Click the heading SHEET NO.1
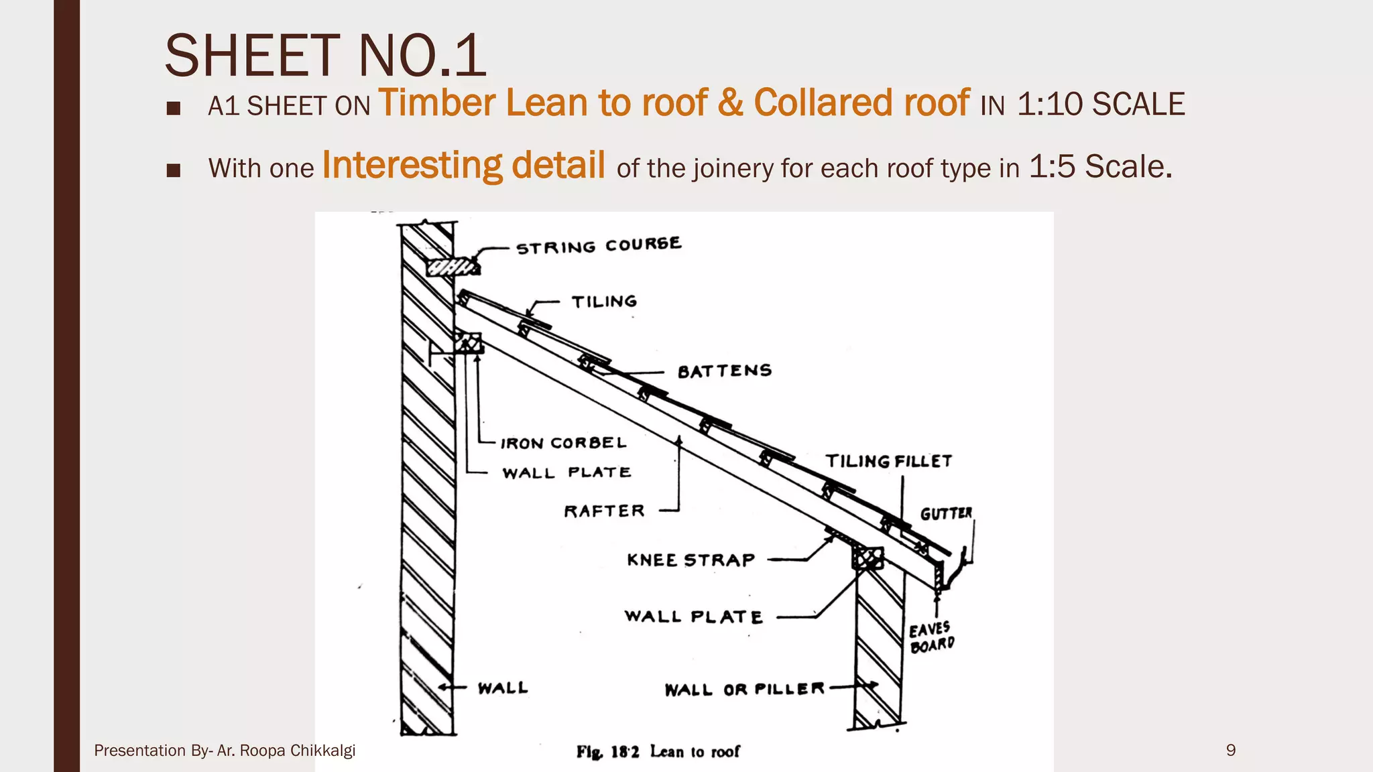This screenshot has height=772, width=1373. click(x=325, y=56)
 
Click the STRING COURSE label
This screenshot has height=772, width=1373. click(x=599, y=245)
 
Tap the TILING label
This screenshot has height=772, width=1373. click(x=604, y=302)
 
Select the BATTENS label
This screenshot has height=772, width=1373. click(x=725, y=371)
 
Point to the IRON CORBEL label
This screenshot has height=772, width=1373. click(x=563, y=443)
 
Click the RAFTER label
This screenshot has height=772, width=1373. click(x=604, y=511)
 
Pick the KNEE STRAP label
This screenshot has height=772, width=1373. click(x=691, y=560)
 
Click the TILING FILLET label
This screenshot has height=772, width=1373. click(x=888, y=461)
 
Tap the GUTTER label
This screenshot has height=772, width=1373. click(x=946, y=513)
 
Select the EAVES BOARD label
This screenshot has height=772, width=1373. click(x=931, y=637)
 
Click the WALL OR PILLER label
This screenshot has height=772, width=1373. click(x=744, y=689)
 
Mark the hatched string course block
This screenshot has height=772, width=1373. click(x=453, y=267)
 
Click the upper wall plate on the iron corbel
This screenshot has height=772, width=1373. click(x=469, y=343)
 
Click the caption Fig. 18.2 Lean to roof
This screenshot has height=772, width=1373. click(x=658, y=752)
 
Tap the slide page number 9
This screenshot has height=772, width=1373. click(x=1230, y=750)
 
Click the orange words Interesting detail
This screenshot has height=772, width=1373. click(x=463, y=166)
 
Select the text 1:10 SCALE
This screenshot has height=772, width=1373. click(x=1101, y=105)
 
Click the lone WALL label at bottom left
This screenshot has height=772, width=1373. click(x=503, y=688)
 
